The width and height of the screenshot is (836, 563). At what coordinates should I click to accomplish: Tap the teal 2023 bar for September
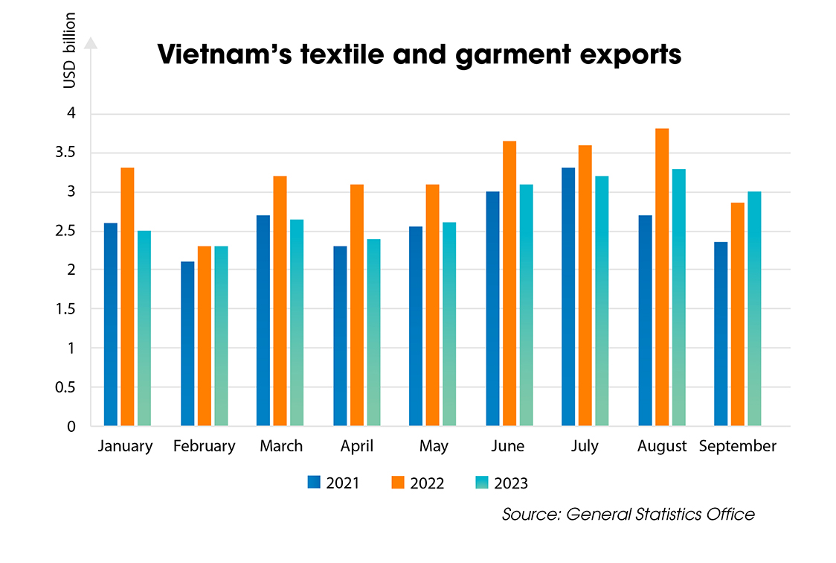click(754, 308)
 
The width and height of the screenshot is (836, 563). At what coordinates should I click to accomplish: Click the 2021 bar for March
click(263, 320)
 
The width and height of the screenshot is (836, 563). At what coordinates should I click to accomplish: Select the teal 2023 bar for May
click(450, 324)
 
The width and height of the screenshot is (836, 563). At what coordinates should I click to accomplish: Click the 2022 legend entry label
click(427, 483)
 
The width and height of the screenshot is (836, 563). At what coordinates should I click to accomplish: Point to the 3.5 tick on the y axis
click(71, 153)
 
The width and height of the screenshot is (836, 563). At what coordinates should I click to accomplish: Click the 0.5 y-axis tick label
click(71, 387)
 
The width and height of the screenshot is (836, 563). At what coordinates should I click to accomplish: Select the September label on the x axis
click(738, 446)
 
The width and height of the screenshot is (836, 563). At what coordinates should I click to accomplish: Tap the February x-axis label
click(204, 446)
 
